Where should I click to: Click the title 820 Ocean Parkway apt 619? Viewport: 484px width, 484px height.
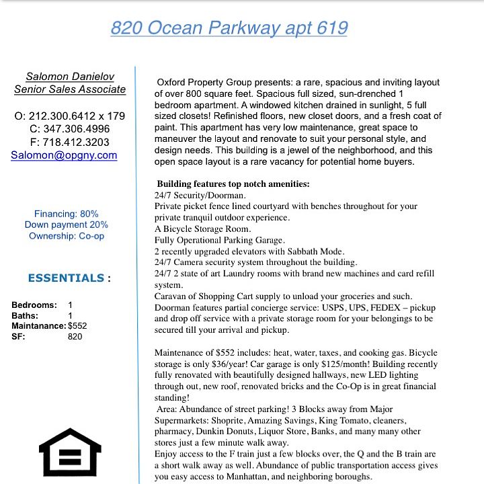pyautogui.click(x=229, y=28)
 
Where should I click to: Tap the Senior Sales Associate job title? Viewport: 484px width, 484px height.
pyautogui.click(x=70, y=89)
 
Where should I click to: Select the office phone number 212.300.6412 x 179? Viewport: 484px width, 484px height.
pyautogui.click(x=70, y=116)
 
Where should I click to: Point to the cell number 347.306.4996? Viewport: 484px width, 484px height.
pyautogui.click(x=70, y=129)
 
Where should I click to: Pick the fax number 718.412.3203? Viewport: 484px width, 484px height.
pyautogui.click(x=70, y=142)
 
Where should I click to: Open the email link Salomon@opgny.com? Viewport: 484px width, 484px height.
pyautogui.click(x=65, y=155)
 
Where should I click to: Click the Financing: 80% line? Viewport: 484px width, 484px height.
pyautogui.click(x=66, y=214)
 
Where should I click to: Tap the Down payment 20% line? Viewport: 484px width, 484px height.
pyautogui.click(x=66, y=225)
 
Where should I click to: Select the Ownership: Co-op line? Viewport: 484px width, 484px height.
pyautogui.click(x=66, y=235)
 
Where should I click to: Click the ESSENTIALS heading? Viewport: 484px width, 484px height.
pyautogui.click(x=66, y=278)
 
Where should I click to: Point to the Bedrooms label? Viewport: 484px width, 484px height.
pyautogui.click(x=34, y=305)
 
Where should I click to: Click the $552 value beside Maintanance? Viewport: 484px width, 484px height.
pyautogui.click(x=77, y=326)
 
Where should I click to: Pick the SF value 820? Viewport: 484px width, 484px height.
pyautogui.click(x=75, y=336)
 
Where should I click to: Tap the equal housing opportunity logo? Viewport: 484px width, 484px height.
pyautogui.click(x=70, y=452)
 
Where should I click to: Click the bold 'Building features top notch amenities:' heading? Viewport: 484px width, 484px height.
pyautogui.click(x=233, y=184)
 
